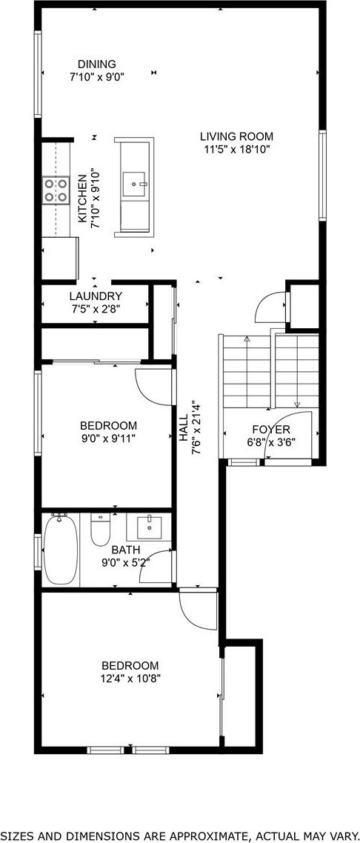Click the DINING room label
click(x=97, y=64)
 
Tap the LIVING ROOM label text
click(x=236, y=136)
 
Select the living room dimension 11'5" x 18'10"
click(x=236, y=150)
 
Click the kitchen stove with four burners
click(x=56, y=190)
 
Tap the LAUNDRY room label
click(x=96, y=296)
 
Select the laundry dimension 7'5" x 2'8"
click(x=96, y=309)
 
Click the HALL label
click(x=184, y=428)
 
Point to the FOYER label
click(x=271, y=430)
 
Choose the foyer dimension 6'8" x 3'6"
click(x=271, y=443)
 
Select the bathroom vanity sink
click(x=150, y=527)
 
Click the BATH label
click(x=126, y=550)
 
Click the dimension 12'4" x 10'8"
click(x=130, y=679)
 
